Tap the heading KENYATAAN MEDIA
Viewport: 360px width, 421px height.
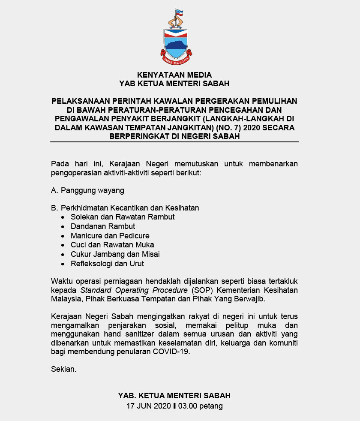[x=174, y=75]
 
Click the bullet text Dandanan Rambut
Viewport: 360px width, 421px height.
[x=103, y=226]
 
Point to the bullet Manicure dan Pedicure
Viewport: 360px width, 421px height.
[x=110, y=235]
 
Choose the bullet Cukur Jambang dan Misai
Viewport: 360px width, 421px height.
[x=115, y=254]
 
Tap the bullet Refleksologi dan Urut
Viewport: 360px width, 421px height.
[x=107, y=264]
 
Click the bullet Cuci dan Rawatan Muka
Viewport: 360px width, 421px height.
[x=112, y=245]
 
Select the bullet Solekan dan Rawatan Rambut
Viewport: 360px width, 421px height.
[x=123, y=217]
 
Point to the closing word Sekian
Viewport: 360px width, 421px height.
[x=64, y=369]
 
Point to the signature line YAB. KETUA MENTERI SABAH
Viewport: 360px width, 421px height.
[x=174, y=395]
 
